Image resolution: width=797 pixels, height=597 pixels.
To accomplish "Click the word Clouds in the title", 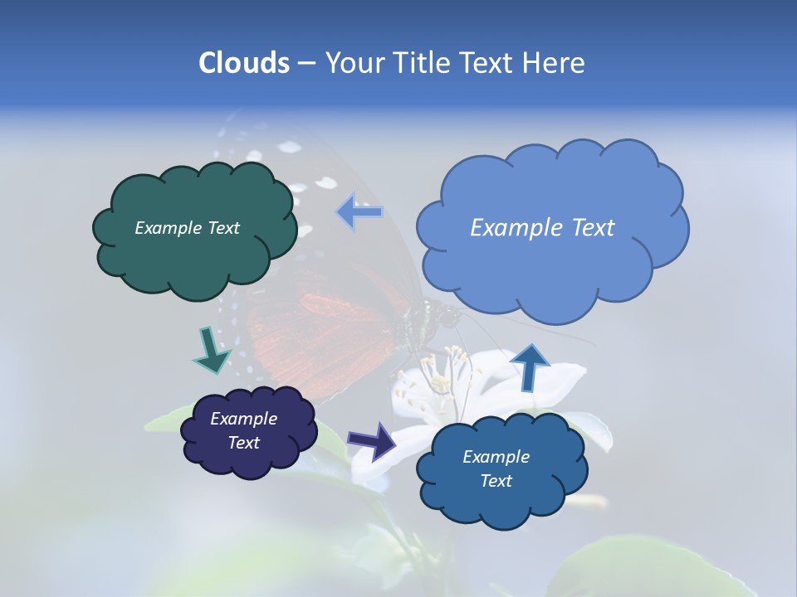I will point(243,63).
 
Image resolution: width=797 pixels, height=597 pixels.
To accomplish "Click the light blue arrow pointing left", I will point(359,212).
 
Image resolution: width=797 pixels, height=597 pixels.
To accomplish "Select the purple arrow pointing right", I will point(371,440).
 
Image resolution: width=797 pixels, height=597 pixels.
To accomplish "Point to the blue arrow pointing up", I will point(531,366).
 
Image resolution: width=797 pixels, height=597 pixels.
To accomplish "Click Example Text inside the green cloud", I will point(187,228).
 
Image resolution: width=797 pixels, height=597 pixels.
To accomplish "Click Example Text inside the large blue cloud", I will point(542,228).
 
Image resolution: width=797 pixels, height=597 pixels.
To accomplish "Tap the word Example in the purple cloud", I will point(243,419).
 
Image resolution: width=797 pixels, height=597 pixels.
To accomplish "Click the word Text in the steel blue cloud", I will point(496,481).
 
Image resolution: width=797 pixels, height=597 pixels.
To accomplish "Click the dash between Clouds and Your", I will point(306,64).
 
